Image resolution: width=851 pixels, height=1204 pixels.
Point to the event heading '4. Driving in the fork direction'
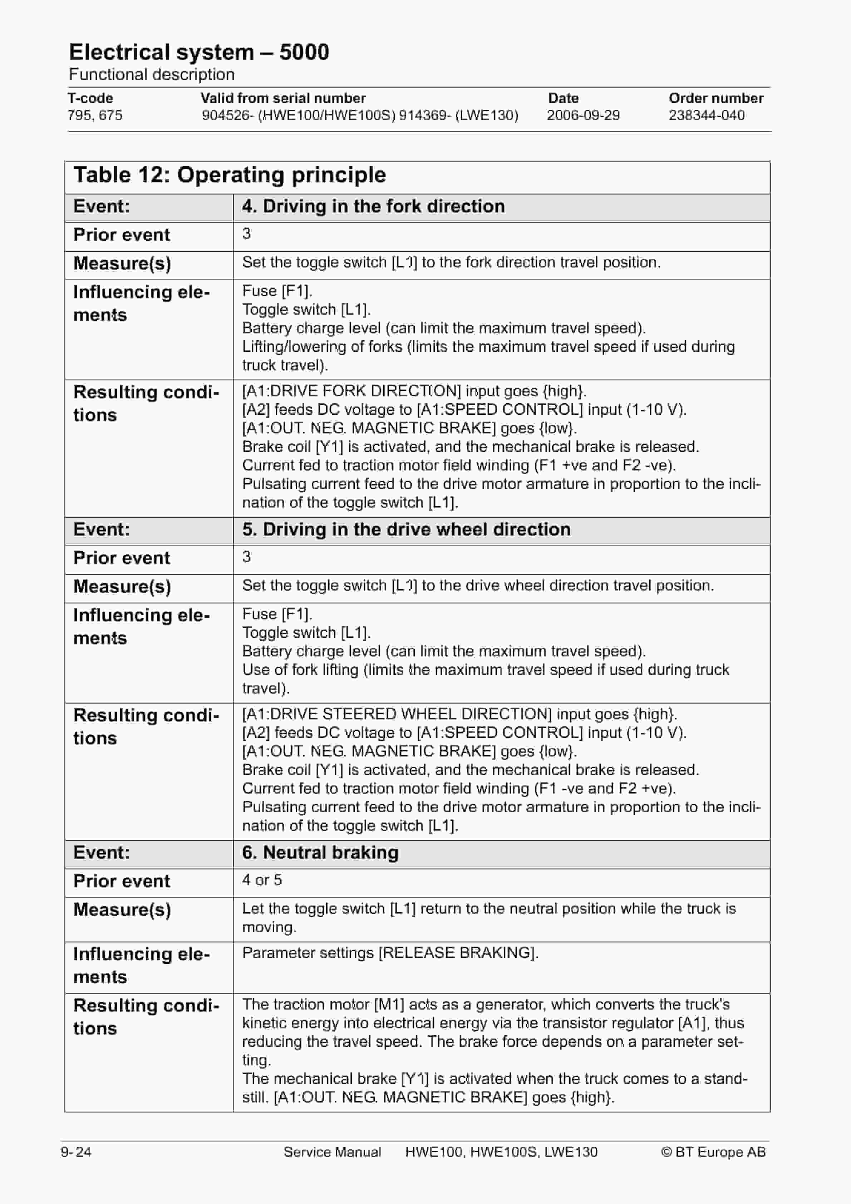pyautogui.click(x=373, y=206)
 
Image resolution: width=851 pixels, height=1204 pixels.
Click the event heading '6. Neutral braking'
pyautogui.click(x=320, y=852)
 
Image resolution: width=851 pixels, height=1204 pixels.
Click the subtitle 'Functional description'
pyautogui.click(x=152, y=74)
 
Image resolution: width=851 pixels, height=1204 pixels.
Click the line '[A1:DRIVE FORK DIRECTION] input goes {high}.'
pyautogui.click(x=414, y=391)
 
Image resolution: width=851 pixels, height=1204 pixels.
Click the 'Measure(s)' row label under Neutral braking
pyautogui.click(x=122, y=909)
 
